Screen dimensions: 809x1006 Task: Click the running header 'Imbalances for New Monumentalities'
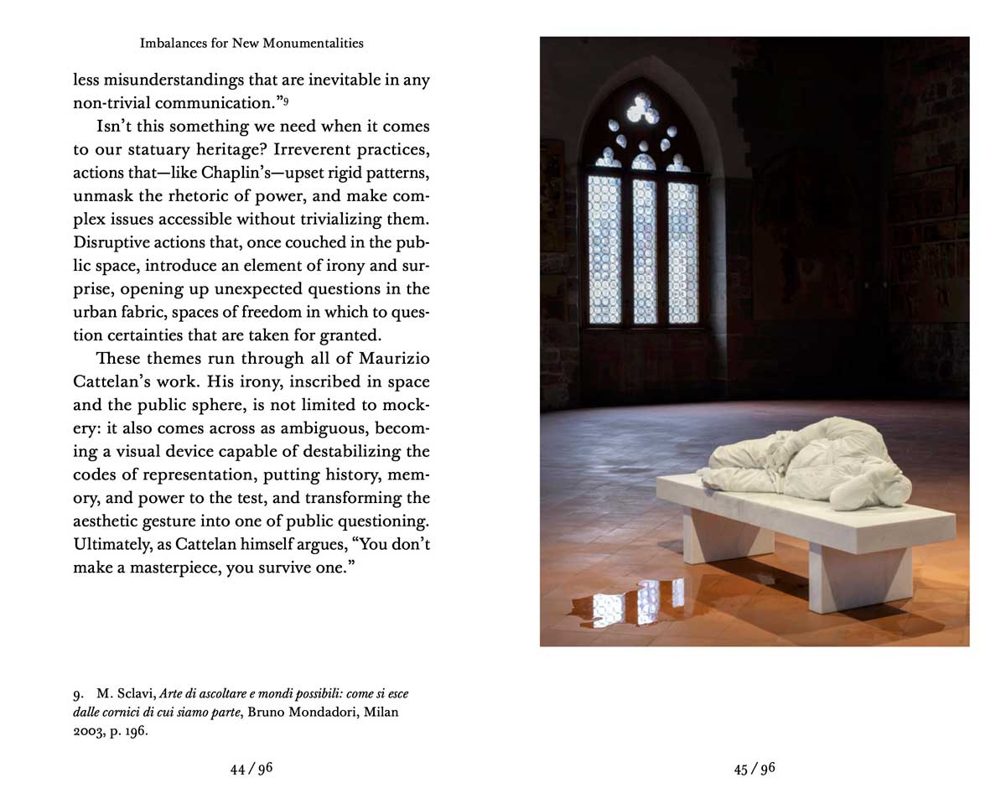click(251, 43)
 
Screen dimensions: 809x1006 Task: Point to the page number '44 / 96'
click(251, 769)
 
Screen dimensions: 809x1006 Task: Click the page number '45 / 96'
click(754, 769)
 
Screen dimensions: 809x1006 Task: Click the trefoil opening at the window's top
click(643, 107)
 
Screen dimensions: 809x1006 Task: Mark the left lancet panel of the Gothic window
click(604, 250)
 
